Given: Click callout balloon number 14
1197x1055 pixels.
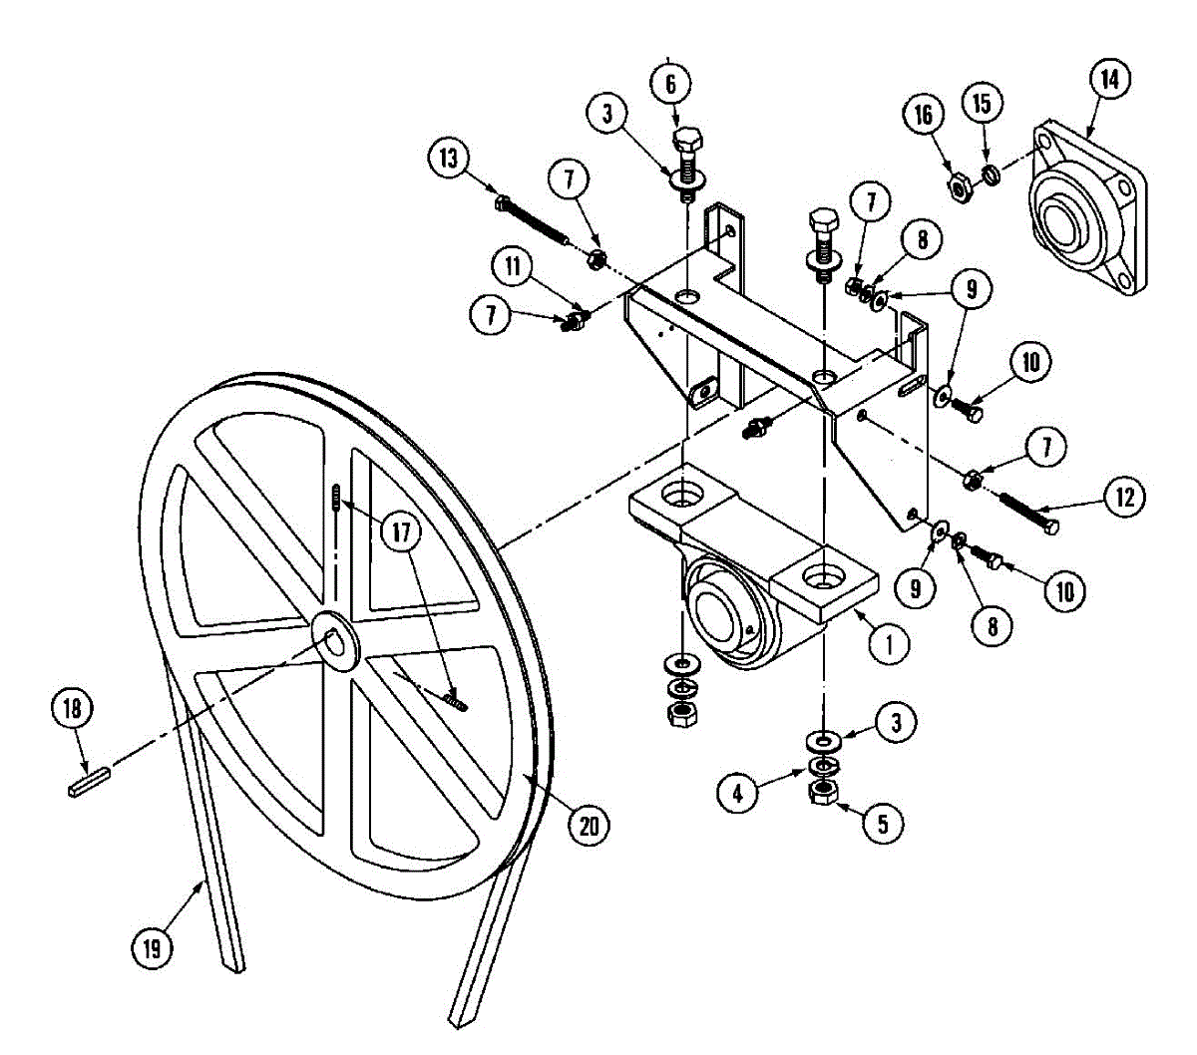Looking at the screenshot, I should [1109, 79].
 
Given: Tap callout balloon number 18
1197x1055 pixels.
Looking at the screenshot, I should [72, 710].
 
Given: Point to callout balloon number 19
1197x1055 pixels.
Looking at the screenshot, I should [152, 947].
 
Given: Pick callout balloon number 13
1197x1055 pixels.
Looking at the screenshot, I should [451, 159].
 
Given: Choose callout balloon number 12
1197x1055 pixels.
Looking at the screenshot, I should [1124, 497].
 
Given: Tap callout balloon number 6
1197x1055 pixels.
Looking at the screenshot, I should [670, 84].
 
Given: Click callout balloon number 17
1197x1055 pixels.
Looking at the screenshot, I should [401, 531].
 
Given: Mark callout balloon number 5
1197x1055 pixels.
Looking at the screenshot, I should [884, 823].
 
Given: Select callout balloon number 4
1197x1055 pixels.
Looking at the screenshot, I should [738, 793].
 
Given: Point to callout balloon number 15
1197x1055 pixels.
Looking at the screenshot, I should [982, 102].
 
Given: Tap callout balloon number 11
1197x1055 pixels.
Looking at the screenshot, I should [513, 267].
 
